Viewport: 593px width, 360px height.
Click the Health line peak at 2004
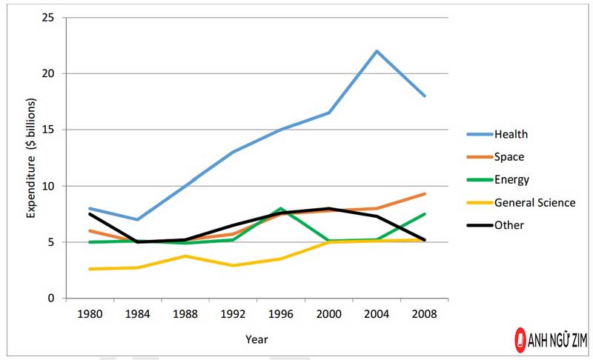377,51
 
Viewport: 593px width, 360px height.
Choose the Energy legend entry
511,179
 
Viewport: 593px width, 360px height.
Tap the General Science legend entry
534,202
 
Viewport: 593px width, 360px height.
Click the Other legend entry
509,225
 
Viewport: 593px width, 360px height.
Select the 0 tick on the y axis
51,299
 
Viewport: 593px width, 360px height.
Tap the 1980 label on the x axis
89,314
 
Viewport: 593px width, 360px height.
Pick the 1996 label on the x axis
281,314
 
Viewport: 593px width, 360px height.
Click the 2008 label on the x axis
425,314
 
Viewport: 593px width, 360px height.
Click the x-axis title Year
256,339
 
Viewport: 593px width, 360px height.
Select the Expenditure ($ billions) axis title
31,157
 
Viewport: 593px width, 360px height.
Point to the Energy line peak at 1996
281,209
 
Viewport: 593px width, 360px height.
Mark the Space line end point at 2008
425,194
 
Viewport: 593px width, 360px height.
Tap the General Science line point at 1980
89,269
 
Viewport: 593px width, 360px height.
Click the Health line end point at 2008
425,96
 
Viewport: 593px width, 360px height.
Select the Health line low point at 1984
137,219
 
